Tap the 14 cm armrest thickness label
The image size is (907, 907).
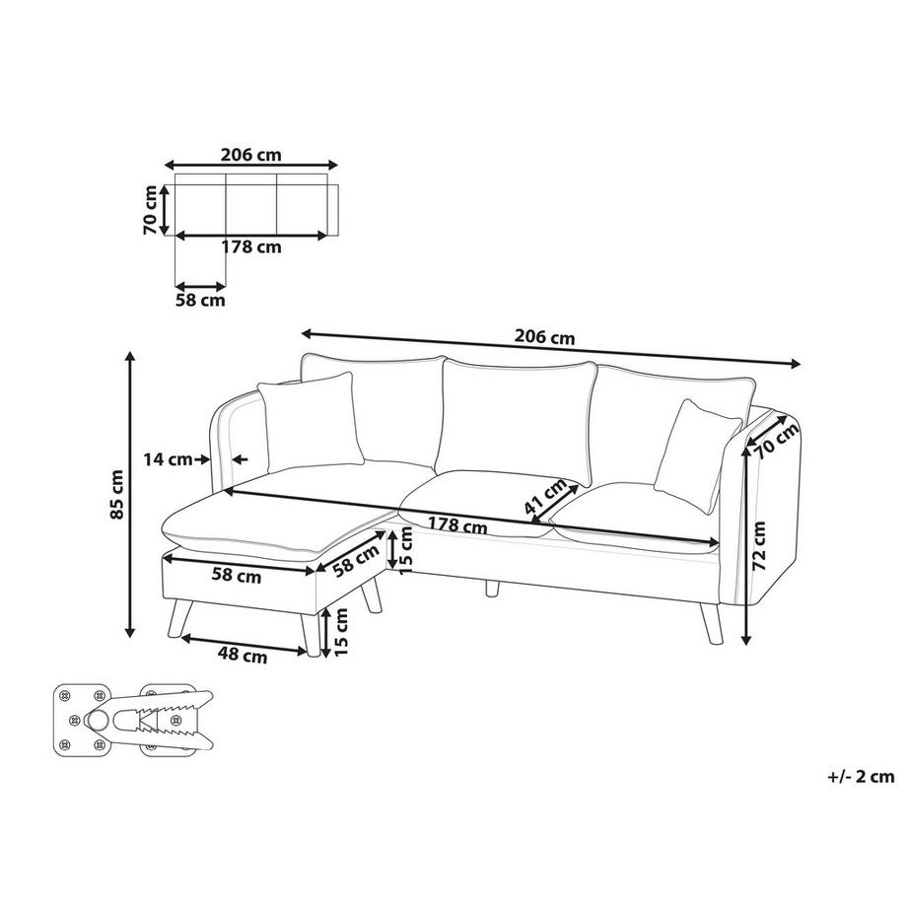coord(168,459)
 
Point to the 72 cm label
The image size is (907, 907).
coord(759,545)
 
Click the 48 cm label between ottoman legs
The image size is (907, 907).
coord(243,655)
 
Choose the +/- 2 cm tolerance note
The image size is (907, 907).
coord(861,776)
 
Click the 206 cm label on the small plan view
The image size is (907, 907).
coord(251,155)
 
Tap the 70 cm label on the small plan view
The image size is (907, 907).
coord(151,209)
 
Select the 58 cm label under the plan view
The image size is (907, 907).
coord(200,301)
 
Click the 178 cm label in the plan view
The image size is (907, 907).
coord(251,247)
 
